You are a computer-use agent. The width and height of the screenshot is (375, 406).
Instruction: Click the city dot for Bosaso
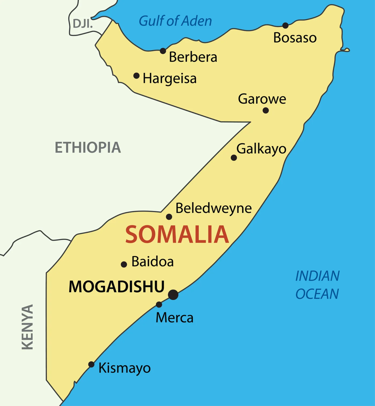(x=286, y=26)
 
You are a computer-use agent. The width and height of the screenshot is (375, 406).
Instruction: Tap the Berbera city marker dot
(x=163, y=51)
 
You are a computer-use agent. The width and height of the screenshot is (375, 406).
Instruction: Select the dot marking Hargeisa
(x=136, y=76)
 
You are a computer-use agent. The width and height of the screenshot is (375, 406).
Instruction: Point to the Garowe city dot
(x=266, y=110)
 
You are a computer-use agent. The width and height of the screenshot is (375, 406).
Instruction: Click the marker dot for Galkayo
(x=234, y=158)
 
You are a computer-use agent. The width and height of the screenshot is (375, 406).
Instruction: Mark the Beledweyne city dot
(x=169, y=217)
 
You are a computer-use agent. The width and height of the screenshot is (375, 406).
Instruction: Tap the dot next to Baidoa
(x=124, y=265)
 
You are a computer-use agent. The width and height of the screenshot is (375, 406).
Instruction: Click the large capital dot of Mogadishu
(x=173, y=295)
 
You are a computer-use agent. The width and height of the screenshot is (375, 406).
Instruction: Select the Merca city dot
(x=159, y=304)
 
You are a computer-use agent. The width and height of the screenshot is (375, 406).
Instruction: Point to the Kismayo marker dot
(x=91, y=364)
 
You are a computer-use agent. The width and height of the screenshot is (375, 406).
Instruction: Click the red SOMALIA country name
(x=177, y=235)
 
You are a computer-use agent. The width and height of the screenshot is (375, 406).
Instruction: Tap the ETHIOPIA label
(x=88, y=148)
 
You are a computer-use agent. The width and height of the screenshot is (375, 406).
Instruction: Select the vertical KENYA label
(x=27, y=327)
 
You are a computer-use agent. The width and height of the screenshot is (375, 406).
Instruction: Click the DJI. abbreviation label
(x=83, y=24)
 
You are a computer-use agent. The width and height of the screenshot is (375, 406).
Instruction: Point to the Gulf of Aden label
(x=175, y=21)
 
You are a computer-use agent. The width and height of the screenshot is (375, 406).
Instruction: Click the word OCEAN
(x=317, y=294)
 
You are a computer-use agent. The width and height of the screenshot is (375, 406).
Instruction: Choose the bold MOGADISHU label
(x=117, y=287)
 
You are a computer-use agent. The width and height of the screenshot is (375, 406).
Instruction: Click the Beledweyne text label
(x=213, y=208)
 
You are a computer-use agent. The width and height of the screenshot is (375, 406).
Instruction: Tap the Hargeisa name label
(x=170, y=79)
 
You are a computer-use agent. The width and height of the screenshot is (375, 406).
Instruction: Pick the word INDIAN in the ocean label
(x=317, y=276)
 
